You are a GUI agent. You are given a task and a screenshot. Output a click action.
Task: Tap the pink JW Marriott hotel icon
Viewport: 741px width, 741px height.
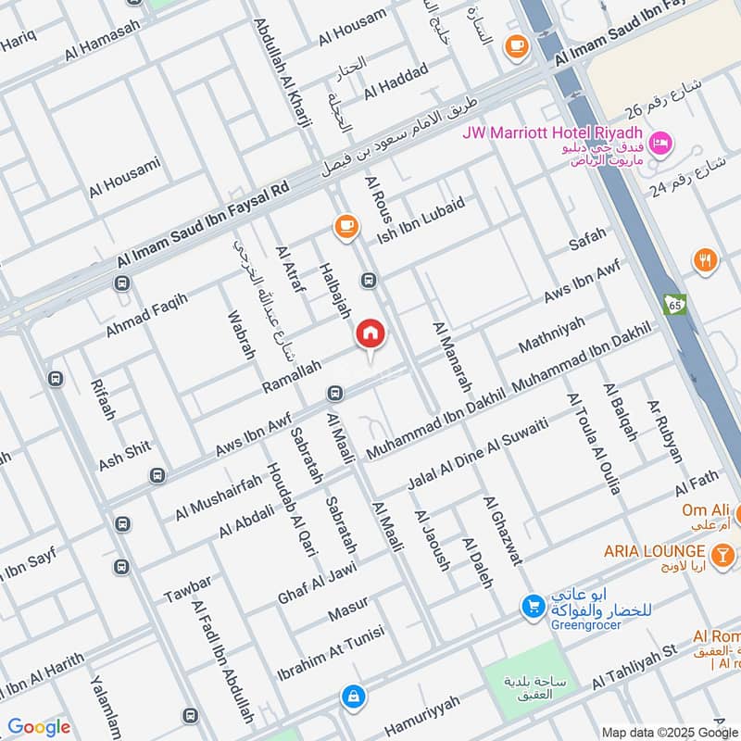(x=661, y=143)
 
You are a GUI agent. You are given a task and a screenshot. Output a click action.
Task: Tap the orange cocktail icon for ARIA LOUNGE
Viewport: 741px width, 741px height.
(x=723, y=554)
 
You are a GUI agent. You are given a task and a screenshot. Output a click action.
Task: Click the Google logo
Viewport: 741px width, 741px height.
(x=39, y=727)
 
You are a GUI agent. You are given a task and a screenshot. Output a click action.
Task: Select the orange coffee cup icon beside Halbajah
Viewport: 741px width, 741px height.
(x=345, y=226)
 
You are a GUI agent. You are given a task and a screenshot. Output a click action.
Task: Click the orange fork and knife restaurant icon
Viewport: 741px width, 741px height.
(x=705, y=260)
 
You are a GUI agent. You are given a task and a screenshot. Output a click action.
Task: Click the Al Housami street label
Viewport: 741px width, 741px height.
(x=125, y=178)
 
